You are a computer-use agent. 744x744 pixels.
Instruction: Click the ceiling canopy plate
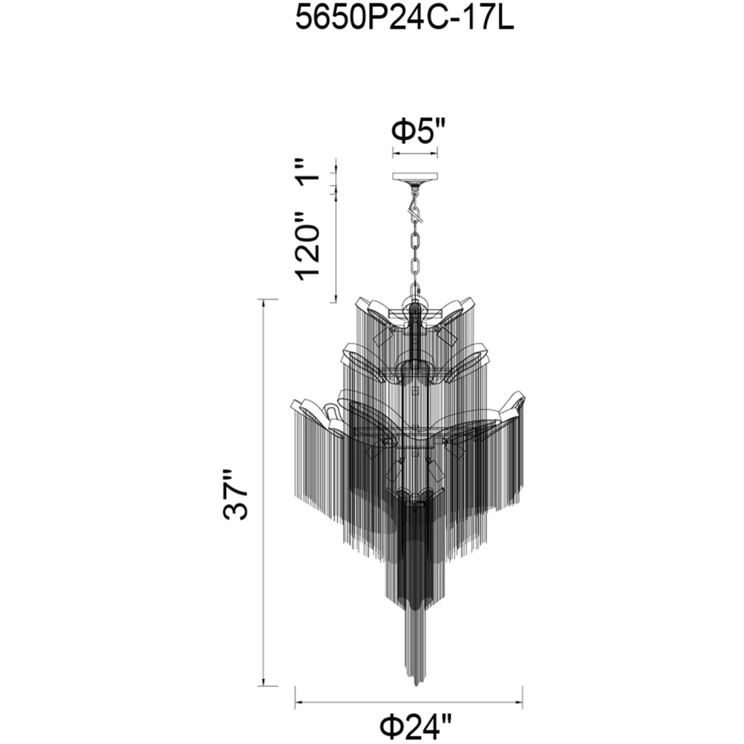(415, 177)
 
